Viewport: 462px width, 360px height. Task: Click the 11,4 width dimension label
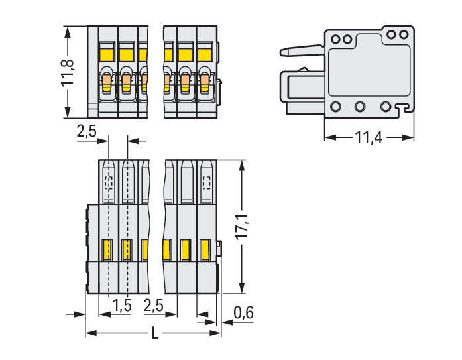pos(369,138)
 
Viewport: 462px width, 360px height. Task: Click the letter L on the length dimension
pos(155,333)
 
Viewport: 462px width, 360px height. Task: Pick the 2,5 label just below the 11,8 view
pos(87,131)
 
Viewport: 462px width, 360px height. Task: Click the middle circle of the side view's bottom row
pos(361,106)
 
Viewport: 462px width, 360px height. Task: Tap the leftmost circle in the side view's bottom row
pos(335,106)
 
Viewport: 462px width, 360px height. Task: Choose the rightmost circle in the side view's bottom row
pos(386,106)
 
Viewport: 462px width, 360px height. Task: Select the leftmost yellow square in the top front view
pos(107,51)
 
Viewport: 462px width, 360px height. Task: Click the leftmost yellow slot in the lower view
pos(106,251)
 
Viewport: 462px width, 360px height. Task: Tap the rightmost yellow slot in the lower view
pos(205,251)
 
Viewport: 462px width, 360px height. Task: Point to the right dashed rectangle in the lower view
pos(207,183)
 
